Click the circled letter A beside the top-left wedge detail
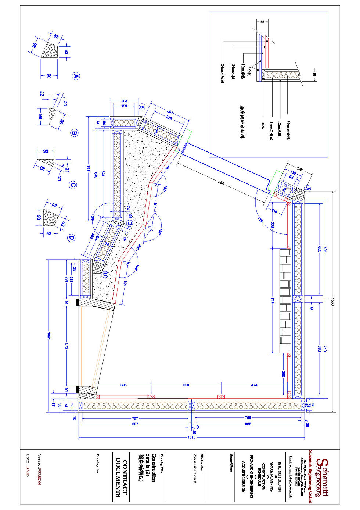(x=75, y=76)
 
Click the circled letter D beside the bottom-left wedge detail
(x=71, y=238)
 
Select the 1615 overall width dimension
(x=191, y=437)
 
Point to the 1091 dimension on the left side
(x=48, y=336)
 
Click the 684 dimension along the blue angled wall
(x=221, y=183)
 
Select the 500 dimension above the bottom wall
(x=186, y=385)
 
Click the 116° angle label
(x=260, y=220)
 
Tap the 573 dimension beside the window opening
(x=66, y=346)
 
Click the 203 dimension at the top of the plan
(x=124, y=101)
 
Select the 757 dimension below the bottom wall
(x=135, y=418)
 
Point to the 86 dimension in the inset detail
(x=262, y=22)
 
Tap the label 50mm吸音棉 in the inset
(x=288, y=131)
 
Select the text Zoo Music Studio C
(x=195, y=468)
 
